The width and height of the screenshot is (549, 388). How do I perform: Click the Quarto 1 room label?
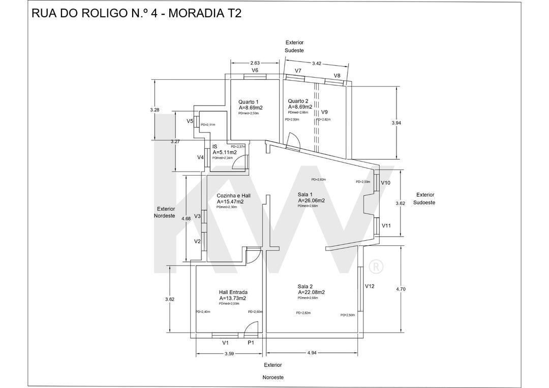pyautogui.click(x=249, y=102)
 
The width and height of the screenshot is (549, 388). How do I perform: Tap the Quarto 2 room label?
pyautogui.click(x=298, y=101)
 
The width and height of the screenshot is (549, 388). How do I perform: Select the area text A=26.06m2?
pyautogui.click(x=311, y=201)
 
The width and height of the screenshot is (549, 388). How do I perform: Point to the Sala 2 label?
pyautogui.click(x=305, y=286)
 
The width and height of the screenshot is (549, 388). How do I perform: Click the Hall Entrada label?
pyautogui.click(x=233, y=293)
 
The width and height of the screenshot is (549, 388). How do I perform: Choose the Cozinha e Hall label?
pyautogui.click(x=233, y=196)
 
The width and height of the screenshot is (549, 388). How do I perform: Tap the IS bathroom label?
pyautogui.click(x=215, y=146)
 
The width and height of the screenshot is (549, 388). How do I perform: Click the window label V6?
pyautogui.click(x=255, y=71)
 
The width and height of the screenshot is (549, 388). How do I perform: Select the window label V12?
pyautogui.click(x=370, y=286)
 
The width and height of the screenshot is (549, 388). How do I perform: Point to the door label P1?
pyautogui.click(x=251, y=343)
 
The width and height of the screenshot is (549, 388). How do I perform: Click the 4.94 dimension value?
pyautogui.click(x=312, y=352)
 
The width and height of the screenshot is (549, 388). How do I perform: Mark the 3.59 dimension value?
pyautogui.click(x=229, y=353)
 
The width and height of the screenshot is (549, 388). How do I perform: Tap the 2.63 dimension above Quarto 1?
pyautogui.click(x=255, y=63)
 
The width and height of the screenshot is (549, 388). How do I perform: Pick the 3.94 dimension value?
pyautogui.click(x=396, y=123)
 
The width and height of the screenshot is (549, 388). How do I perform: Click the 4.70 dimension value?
pyautogui.click(x=401, y=289)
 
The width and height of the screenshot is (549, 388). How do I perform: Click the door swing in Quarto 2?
pyautogui.click(x=294, y=142)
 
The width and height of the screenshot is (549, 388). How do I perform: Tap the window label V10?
pyautogui.click(x=386, y=183)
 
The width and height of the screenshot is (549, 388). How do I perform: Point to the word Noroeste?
pyautogui.click(x=273, y=377)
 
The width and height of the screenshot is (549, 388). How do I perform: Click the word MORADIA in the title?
pyautogui.click(x=195, y=13)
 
